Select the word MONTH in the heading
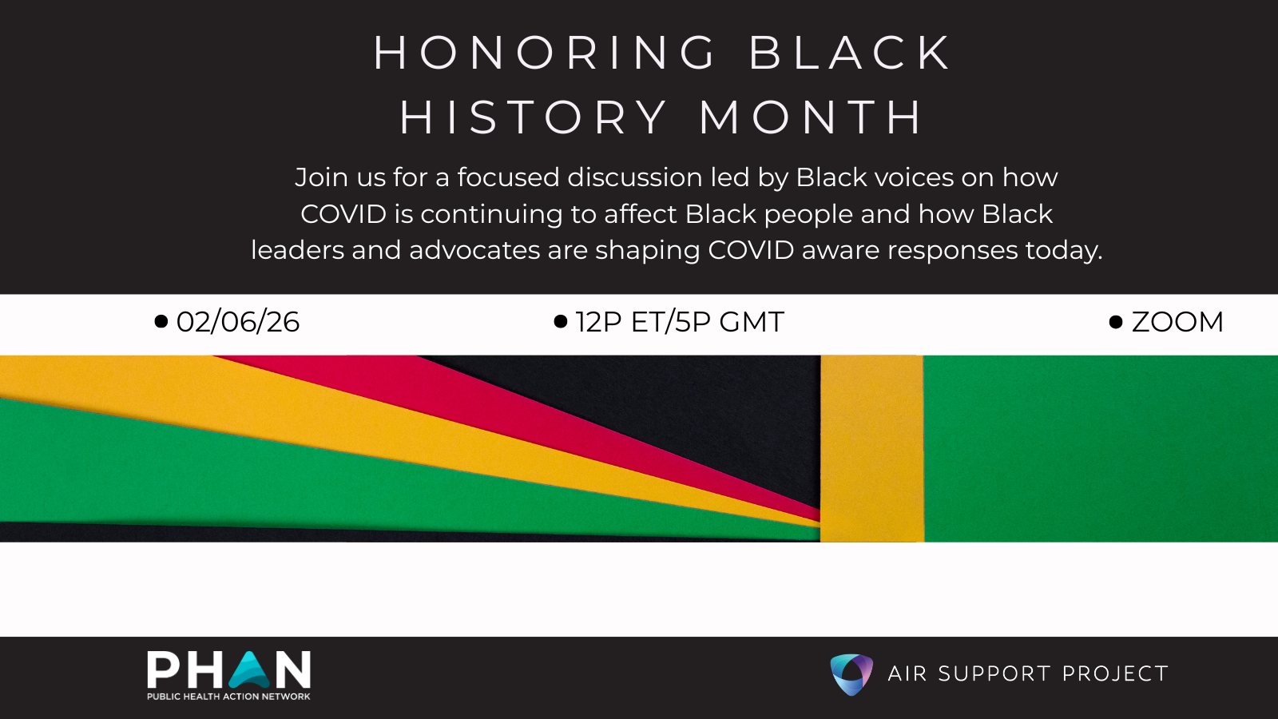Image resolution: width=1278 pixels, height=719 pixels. [x=810, y=117]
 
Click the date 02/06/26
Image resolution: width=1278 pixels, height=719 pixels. [x=238, y=322]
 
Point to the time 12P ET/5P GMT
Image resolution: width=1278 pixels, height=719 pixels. [x=680, y=322]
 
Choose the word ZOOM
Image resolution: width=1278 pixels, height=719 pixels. [x=1177, y=322]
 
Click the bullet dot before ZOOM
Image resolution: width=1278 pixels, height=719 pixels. [x=1116, y=323]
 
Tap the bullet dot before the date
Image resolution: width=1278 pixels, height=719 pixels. [x=161, y=321]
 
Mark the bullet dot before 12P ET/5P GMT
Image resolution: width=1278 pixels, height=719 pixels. [x=561, y=321]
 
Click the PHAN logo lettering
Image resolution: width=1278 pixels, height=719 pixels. [x=228, y=670]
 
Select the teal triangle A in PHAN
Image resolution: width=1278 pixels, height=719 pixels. [x=248, y=670]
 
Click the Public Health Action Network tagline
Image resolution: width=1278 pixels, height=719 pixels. [x=228, y=696]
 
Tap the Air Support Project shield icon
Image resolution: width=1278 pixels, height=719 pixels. [x=851, y=674]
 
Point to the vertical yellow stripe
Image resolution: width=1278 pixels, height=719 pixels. [x=871, y=448]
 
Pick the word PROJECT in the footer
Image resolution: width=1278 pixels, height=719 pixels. [x=1115, y=674]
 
